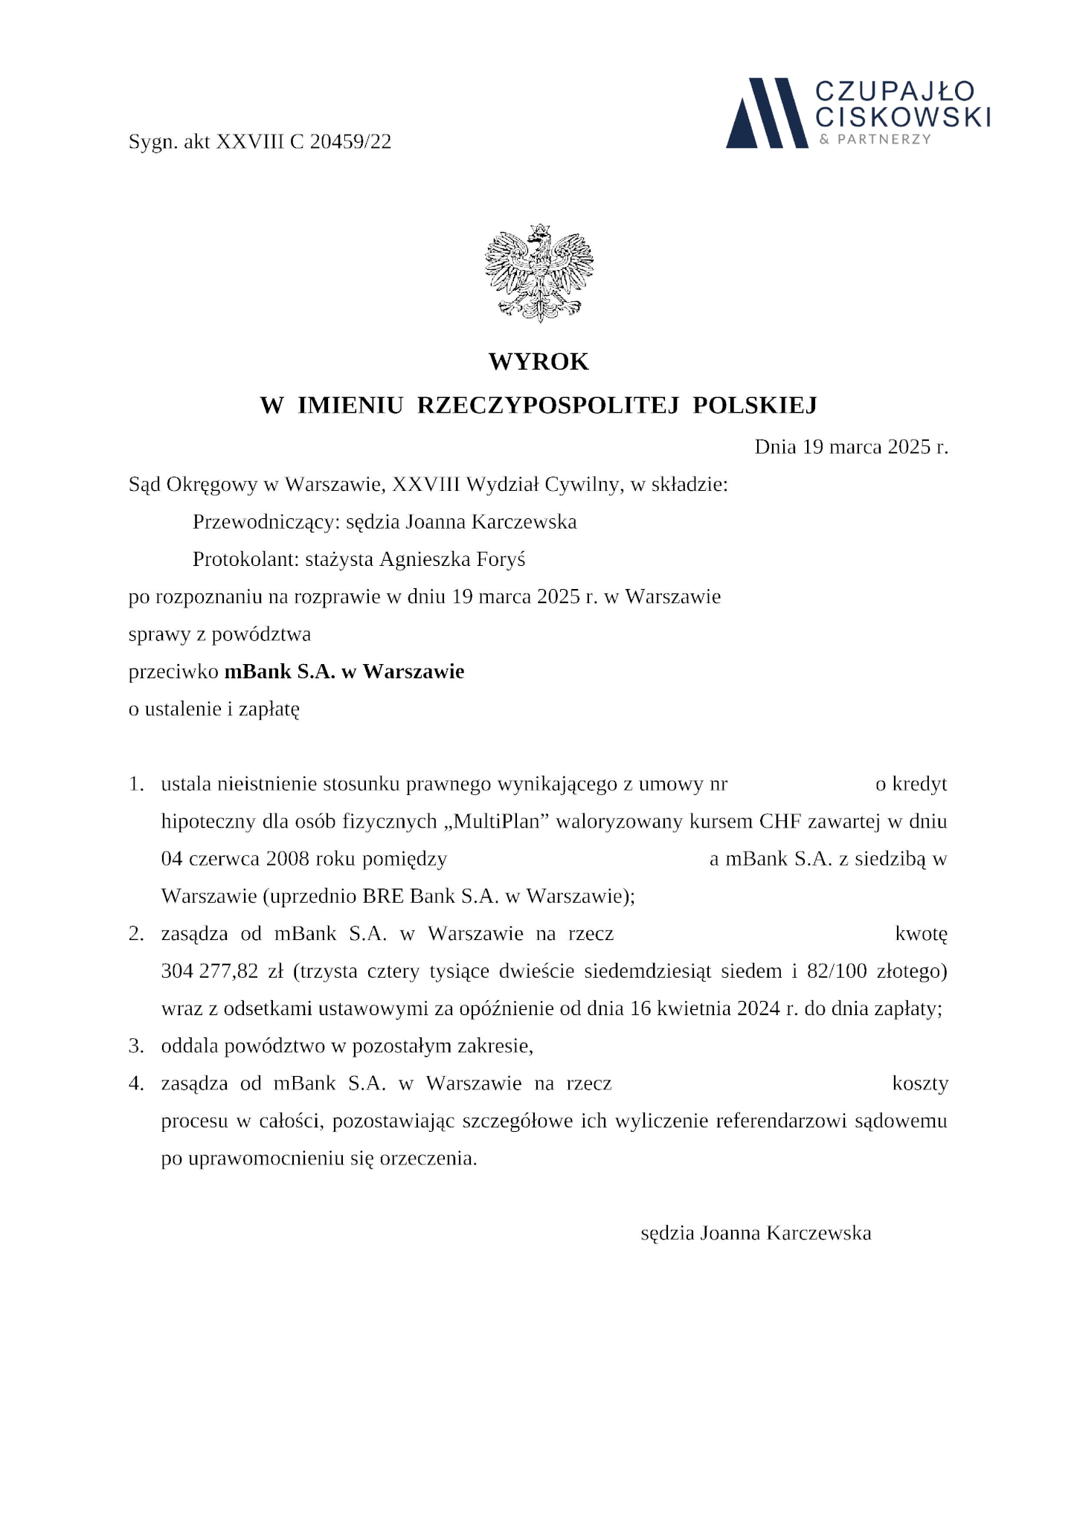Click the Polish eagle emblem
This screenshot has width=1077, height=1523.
(538, 273)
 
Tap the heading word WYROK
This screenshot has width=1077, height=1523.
(538, 362)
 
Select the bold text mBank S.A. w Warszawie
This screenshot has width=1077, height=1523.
(344, 672)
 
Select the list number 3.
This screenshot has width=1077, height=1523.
(135, 1046)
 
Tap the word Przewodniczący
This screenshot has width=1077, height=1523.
(266, 522)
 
